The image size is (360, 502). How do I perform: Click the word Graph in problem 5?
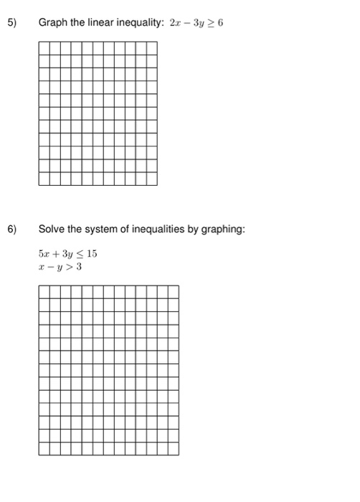coord(52,23)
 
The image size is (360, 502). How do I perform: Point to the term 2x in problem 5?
coord(176,23)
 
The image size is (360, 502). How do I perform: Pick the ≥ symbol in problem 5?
coord(211,23)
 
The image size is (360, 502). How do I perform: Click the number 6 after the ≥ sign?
coord(221,23)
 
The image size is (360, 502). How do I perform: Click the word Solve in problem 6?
coord(52,229)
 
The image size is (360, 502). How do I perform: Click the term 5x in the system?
coord(43,254)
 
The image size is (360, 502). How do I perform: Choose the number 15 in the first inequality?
coord(92,254)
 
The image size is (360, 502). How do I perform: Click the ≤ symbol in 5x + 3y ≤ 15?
coord(80,254)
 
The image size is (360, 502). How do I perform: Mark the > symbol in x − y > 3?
coord(69,267)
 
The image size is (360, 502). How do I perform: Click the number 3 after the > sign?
coord(79,267)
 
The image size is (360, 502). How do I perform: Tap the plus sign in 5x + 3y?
coord(55,254)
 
